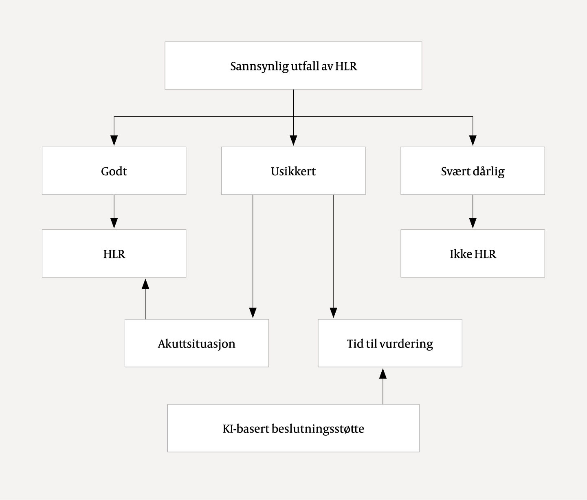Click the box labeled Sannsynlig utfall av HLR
coord(293,66)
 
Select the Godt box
coord(114,171)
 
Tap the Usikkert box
coord(293,171)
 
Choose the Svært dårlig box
coord(473,171)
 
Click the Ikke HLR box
coord(473,254)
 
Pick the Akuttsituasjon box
coord(197,343)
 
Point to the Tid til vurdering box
coord(390,343)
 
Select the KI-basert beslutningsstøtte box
coord(293,428)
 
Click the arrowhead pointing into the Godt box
coord(114,140)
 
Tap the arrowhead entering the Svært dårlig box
coord(473,140)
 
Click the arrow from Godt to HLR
coord(114,212)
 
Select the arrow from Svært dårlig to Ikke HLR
coord(473,212)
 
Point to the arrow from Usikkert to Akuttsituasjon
coord(253,256)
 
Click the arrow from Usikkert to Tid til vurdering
coord(334,256)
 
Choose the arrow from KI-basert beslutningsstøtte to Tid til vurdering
coord(383,386)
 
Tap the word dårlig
coord(489,171)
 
